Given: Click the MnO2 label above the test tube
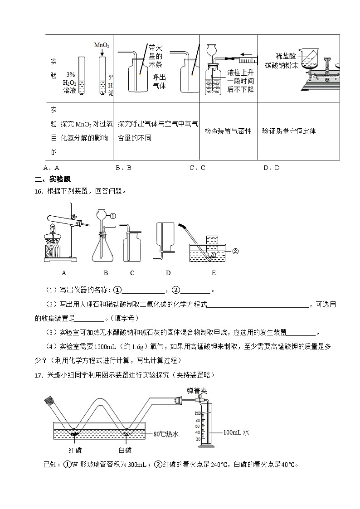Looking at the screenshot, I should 101,45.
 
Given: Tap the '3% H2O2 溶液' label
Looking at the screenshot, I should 70,82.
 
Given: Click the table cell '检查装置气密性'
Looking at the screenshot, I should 228,131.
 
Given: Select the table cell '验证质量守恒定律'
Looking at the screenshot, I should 289,131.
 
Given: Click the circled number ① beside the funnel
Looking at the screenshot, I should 113,216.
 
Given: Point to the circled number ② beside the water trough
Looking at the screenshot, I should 235,251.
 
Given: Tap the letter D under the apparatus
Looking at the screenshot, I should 168,273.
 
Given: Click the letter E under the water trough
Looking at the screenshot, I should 213,273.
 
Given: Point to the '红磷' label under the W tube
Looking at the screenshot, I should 73,450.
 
